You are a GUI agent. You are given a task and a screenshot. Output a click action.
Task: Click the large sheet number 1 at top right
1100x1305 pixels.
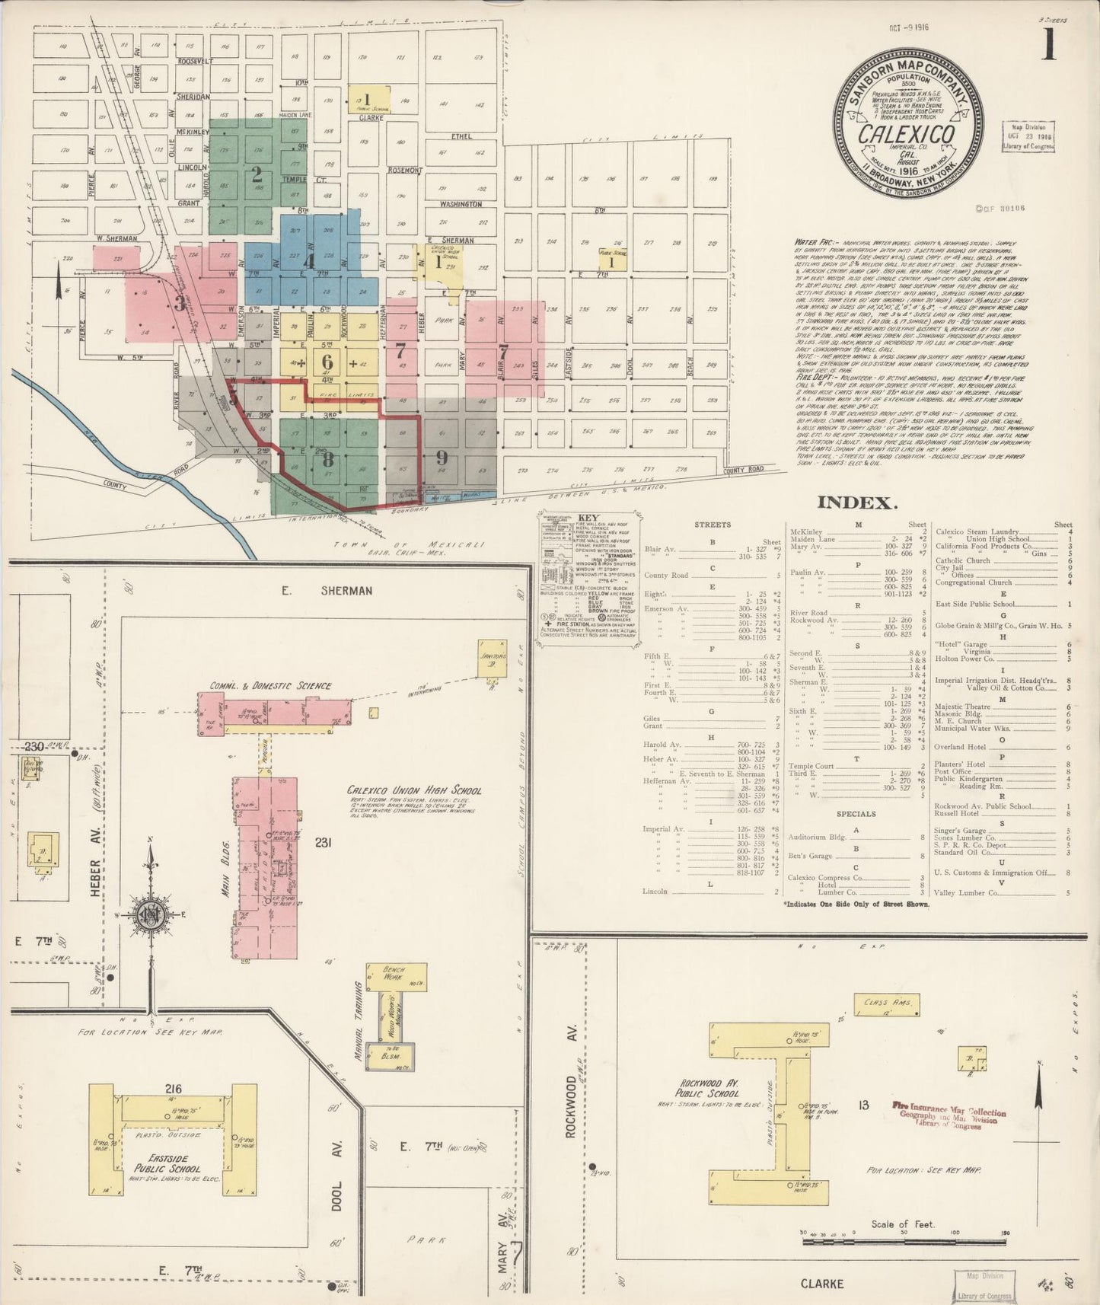1049,45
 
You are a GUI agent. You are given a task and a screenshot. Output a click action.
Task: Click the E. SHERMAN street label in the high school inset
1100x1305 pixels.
325,590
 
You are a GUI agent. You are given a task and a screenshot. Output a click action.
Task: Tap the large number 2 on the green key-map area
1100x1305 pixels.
257,174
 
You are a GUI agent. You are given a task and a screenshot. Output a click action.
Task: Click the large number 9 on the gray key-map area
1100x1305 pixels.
442,458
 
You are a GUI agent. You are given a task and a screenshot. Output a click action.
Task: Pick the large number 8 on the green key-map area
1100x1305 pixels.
327,459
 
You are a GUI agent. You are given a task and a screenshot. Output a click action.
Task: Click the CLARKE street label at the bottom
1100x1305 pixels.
822,1284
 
